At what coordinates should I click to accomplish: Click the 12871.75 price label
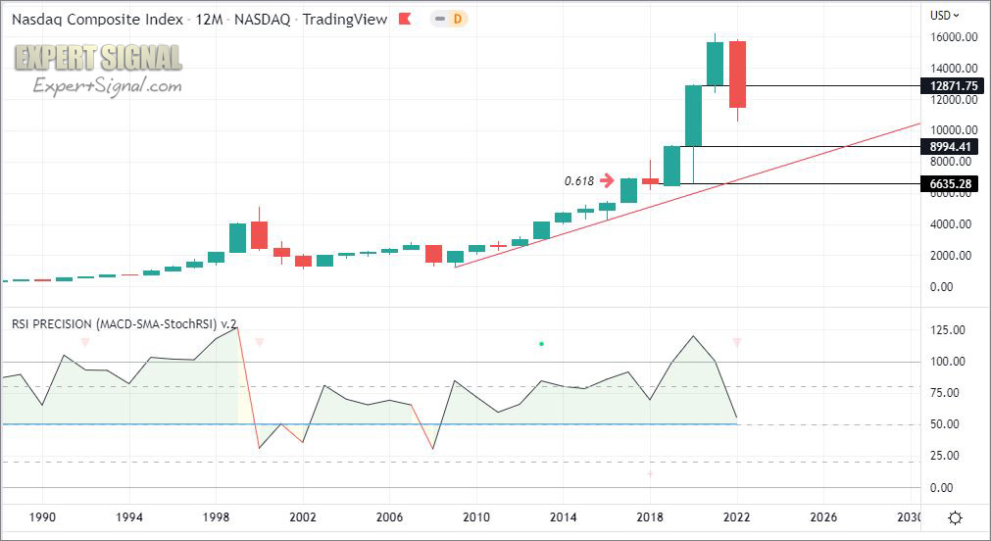click(950, 86)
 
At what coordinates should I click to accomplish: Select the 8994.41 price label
click(950, 147)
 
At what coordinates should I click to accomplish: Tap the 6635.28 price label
click(950, 183)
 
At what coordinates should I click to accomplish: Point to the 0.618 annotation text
click(578, 181)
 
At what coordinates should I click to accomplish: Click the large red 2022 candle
click(737, 74)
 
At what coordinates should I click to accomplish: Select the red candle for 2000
click(259, 235)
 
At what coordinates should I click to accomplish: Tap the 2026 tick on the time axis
click(822, 516)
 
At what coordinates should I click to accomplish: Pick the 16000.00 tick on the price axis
click(954, 37)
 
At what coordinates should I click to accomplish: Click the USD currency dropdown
click(945, 15)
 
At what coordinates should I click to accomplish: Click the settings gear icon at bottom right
click(956, 517)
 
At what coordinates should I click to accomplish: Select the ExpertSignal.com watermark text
click(108, 87)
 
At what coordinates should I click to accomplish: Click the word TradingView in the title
click(345, 19)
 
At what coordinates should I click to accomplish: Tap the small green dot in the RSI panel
click(541, 344)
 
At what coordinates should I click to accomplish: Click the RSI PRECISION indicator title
click(124, 322)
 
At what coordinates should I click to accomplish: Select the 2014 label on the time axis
click(563, 516)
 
